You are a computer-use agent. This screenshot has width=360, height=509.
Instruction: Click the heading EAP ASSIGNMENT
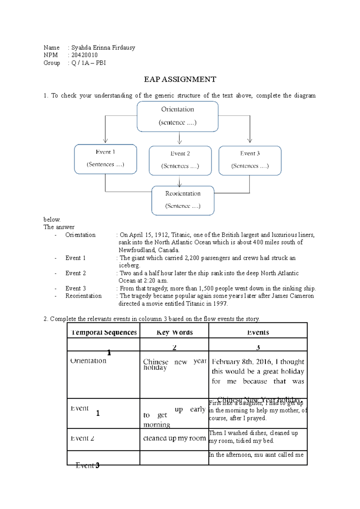click(180, 79)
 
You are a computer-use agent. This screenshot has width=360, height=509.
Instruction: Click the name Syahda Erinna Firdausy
click(103, 47)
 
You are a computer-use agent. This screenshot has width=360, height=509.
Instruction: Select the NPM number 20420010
click(84, 55)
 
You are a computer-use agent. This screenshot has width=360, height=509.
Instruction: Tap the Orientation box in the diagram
click(177, 116)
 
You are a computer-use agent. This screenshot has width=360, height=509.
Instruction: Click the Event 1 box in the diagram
click(105, 159)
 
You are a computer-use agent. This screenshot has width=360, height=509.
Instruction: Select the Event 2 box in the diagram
click(180, 160)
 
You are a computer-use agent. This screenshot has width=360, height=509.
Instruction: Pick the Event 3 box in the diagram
click(250, 160)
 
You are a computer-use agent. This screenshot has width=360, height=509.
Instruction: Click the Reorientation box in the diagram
click(183, 200)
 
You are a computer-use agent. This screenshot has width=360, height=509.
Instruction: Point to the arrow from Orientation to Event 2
click(179, 138)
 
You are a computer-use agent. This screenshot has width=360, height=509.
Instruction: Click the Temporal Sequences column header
click(103, 332)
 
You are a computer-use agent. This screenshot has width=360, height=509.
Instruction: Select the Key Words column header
click(174, 332)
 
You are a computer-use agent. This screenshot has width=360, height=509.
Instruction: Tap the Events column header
click(258, 332)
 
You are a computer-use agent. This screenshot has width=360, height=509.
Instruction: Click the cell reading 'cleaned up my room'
click(174, 438)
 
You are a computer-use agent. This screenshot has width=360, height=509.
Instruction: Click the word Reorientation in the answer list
click(83, 296)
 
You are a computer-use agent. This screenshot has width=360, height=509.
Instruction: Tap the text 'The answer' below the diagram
click(59, 227)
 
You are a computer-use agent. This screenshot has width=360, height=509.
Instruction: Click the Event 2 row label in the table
click(82, 438)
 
